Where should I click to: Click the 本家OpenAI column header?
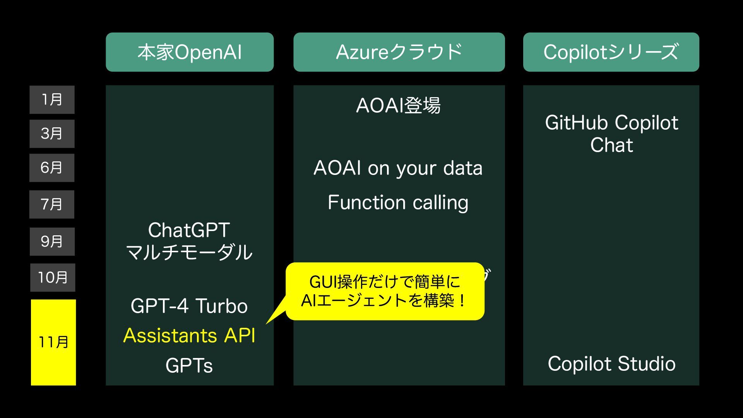[190, 52]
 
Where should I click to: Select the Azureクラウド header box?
[399, 52]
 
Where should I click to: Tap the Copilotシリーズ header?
[611, 52]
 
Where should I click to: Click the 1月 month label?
[52, 100]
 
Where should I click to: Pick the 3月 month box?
[52, 134]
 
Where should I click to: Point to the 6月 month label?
[52, 168]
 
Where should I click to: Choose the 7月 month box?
[52, 204]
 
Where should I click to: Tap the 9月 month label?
[52, 242]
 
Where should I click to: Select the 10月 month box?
[53, 278]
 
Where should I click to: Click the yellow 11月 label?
[53, 342]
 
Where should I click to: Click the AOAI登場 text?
[398, 105]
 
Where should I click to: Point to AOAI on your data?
[398, 168]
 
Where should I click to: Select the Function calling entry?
[398, 202]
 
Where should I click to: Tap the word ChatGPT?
[189, 230]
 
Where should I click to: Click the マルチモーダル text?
[189, 252]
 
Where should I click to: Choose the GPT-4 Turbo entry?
[189, 306]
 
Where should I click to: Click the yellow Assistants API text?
[189, 335]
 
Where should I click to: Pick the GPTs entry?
[189, 365]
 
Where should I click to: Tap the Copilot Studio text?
[611, 364]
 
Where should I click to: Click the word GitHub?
[576, 123]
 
